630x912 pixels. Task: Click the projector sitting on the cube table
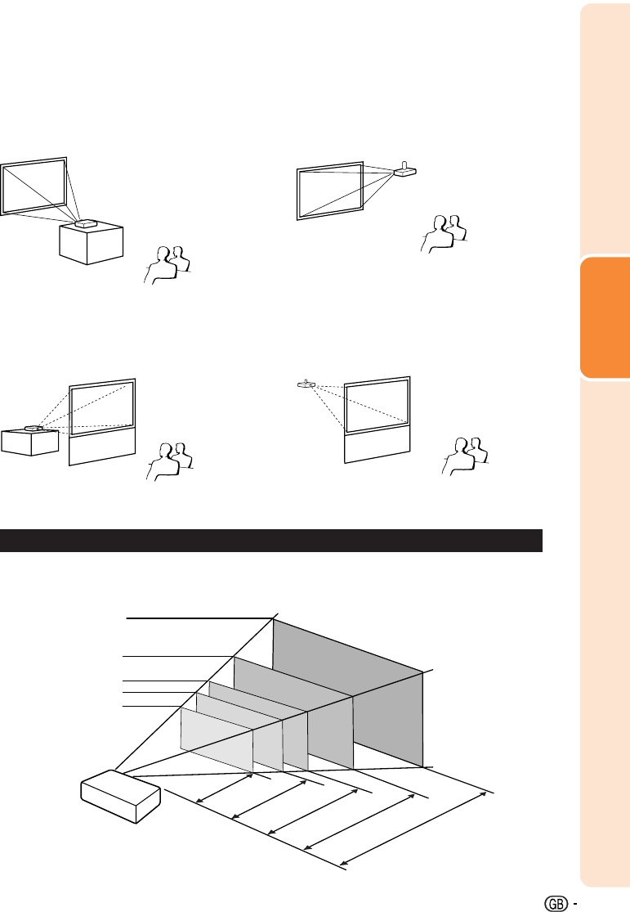click(86, 223)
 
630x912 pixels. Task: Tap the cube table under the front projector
click(92, 244)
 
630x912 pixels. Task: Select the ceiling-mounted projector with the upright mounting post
click(405, 170)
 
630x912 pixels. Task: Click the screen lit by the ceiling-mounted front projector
click(330, 191)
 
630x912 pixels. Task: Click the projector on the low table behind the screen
click(34, 429)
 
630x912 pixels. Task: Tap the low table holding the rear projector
click(29, 443)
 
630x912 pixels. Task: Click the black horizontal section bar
click(270, 541)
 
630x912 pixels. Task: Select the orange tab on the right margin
click(605, 317)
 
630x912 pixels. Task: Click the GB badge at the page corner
click(556, 903)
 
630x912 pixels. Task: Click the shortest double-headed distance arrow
click(225, 788)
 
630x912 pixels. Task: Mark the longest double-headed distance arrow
click(413, 829)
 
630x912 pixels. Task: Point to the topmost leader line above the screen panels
click(199, 618)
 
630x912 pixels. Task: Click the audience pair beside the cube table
click(168, 265)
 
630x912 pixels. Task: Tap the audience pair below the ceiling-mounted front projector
click(444, 234)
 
